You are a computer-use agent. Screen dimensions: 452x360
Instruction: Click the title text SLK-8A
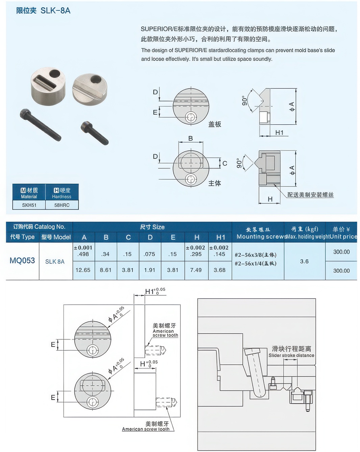coord(55,10)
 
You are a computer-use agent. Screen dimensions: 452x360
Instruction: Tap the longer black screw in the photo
coord(40,124)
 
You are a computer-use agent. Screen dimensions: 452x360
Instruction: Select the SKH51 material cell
coord(29,205)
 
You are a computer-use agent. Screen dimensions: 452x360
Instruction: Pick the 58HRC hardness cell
coord(62,205)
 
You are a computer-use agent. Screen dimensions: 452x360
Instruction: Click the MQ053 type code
coord(22,261)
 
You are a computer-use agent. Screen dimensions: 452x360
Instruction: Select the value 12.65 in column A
coord(83,270)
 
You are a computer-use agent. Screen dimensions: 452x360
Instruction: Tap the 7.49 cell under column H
coord(196,270)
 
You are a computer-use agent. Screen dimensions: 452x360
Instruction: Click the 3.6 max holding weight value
coord(304,261)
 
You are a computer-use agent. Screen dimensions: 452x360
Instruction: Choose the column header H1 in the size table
coord(220,237)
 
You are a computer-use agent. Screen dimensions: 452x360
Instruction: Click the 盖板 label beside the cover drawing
coord(215,124)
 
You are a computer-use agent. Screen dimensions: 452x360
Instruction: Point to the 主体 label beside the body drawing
coord(215,183)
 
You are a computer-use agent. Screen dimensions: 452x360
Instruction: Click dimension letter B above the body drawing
coord(191,138)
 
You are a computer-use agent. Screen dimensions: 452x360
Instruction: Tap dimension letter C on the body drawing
coord(225,164)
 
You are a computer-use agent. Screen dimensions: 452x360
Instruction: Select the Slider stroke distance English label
coord(291,355)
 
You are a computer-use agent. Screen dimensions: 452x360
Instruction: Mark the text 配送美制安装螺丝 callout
coord(310,195)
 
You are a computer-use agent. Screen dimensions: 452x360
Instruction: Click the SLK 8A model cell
coord(55,262)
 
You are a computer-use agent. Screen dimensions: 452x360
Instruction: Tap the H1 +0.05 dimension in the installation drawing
coord(155,291)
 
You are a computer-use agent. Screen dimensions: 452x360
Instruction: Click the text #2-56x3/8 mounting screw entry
coord(255,255)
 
